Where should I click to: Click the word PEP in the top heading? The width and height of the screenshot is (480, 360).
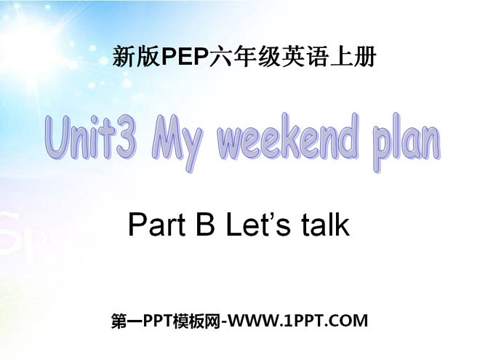184,57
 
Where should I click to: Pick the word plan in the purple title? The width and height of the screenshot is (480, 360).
407,142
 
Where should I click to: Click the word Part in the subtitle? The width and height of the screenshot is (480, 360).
157,225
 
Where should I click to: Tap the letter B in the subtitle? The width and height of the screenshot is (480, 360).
205,225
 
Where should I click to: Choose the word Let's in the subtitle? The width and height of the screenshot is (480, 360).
257,225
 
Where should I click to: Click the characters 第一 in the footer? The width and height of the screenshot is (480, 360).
127,321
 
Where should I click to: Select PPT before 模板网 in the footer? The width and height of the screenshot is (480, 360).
158,321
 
